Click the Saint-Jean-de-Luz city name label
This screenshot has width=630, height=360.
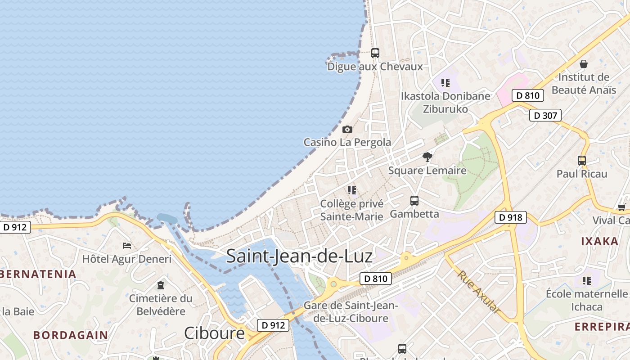[x=299, y=256]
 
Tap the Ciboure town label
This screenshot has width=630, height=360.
[x=215, y=333]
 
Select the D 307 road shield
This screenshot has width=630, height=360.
[x=545, y=116]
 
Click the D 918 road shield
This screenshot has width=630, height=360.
[x=511, y=218]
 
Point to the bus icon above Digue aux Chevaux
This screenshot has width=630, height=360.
[x=375, y=53]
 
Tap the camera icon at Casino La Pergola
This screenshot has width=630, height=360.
[x=347, y=130]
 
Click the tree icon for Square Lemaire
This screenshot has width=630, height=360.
[x=427, y=157]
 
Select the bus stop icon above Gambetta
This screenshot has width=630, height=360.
[x=414, y=201]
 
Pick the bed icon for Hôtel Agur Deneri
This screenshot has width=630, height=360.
[x=127, y=246]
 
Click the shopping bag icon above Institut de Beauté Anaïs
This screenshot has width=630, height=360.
[x=584, y=64]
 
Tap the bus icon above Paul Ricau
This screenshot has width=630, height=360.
[x=582, y=160]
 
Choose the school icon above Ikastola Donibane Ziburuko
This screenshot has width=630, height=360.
[x=445, y=83]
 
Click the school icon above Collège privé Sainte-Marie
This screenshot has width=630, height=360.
[x=352, y=190]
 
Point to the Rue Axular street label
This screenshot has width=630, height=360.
[x=479, y=292]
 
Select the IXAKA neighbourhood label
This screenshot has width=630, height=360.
[x=599, y=241]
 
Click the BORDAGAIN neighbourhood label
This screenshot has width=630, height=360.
[x=71, y=335]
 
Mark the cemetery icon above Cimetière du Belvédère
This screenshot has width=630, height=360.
[x=161, y=285]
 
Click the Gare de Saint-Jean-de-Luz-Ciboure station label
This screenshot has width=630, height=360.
[x=351, y=312]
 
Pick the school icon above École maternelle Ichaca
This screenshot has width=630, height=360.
[x=587, y=281]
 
